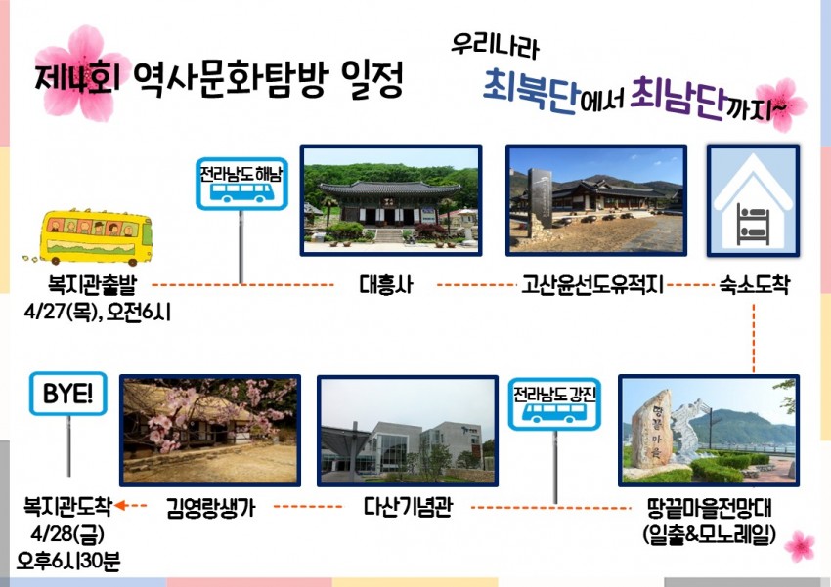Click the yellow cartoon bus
coord(96,237)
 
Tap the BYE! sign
coord(67,394)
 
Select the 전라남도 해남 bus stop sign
coord(241,184)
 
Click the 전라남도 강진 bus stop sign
coord(554,403)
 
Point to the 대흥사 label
coord(386,285)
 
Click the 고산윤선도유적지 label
coord(592,285)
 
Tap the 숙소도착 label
coord(754,285)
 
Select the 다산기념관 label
coord(408,507)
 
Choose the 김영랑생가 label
coord(210,508)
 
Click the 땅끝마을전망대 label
coord(710,508)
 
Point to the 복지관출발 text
coord(92,284)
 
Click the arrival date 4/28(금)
coord(67,533)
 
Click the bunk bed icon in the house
coord(753,226)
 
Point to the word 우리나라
coord(495,46)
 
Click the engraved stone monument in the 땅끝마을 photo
coord(652,430)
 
